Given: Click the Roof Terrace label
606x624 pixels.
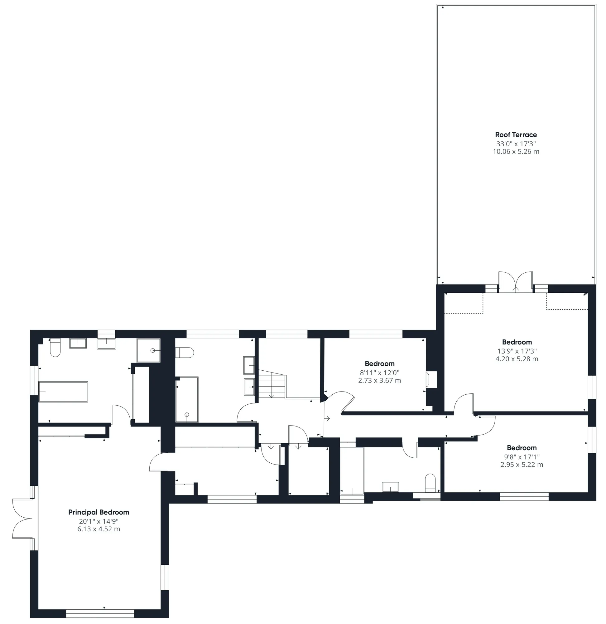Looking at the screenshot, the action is point(516,135).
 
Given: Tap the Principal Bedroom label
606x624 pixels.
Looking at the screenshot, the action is point(99,513).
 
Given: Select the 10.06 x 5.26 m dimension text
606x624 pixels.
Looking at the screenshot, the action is point(516,152).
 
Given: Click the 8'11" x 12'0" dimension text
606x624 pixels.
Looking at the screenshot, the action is point(380,373).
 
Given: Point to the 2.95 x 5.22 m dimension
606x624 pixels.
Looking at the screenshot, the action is point(522,465).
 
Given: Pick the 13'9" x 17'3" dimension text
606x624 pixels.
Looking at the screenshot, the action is point(517,351).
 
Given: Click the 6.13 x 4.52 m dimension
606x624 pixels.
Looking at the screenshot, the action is point(99,529).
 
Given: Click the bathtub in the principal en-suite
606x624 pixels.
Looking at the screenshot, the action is point(63,392).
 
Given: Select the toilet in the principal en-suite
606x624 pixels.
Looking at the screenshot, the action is point(55,348).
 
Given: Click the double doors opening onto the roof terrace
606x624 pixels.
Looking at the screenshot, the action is point(516,282).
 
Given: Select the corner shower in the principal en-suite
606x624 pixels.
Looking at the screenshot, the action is point(149,350).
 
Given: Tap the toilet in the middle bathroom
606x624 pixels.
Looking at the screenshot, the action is point(185,353).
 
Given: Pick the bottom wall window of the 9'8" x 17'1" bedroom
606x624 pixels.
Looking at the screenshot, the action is point(524,496).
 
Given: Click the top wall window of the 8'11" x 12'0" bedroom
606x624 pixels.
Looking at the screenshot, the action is point(376,334).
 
